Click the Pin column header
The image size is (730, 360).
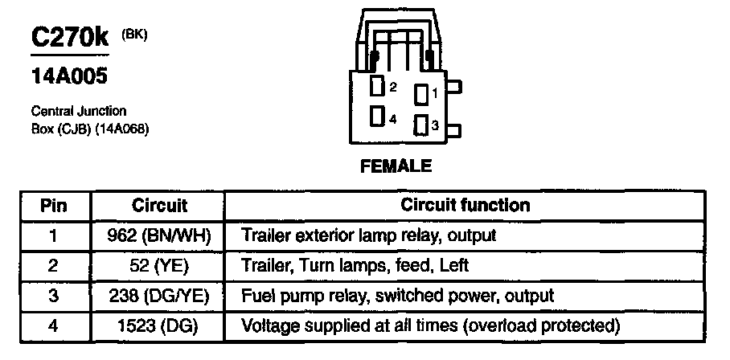pyautogui.click(x=55, y=205)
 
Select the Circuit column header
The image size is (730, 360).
pyautogui.click(x=159, y=205)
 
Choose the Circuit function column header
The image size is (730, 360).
pyautogui.click(x=465, y=205)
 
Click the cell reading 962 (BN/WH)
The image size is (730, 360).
pyautogui.click(x=159, y=235)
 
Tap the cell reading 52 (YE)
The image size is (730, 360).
pyautogui.click(x=159, y=265)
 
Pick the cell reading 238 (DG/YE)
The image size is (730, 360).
pyautogui.click(x=159, y=296)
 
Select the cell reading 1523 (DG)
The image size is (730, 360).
pyautogui.click(x=159, y=325)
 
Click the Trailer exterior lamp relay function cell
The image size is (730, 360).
pyautogui.click(x=368, y=235)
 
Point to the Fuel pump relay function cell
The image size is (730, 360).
pyautogui.click(x=397, y=296)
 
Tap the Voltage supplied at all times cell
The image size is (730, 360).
pyautogui.click(x=431, y=325)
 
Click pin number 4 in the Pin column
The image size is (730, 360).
pyautogui.click(x=55, y=325)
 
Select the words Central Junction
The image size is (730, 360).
pyautogui.click(x=78, y=112)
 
